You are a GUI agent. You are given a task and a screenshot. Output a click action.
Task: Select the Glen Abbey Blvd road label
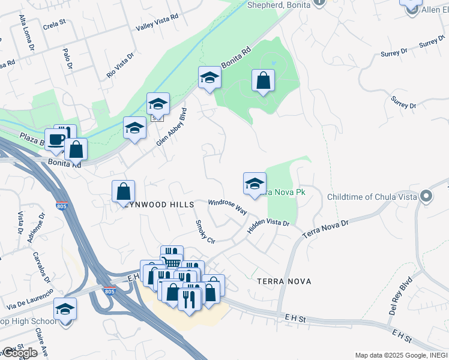pos(172,127)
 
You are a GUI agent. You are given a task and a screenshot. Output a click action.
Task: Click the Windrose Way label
pos(228,206)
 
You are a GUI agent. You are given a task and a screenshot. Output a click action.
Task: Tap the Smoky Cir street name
pos(204,231)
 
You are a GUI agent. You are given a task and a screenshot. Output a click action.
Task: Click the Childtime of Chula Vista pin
pos(426,196)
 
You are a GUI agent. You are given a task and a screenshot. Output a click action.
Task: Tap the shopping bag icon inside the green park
pos(263,80)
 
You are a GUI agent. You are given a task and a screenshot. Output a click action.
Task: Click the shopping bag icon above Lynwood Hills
pos(123,191)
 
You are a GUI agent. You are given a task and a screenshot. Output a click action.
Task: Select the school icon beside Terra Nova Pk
pos(255,183)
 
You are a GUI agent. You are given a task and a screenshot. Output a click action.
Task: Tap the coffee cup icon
pos(56,139)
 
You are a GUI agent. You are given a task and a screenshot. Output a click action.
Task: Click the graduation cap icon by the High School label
pos(65,308)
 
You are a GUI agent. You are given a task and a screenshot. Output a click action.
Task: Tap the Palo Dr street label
pos(67,58)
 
